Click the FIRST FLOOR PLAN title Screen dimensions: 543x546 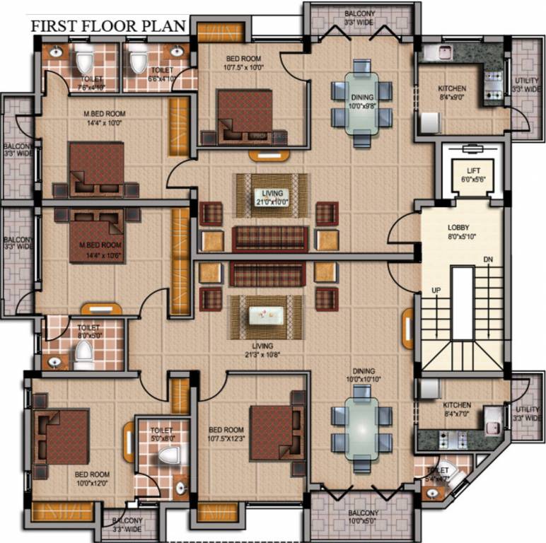108,26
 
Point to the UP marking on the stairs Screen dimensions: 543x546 436,291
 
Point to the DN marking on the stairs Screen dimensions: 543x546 488,260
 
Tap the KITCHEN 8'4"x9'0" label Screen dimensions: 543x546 452,93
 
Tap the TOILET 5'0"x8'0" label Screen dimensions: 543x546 161,433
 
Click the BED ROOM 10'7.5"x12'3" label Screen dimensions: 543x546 226,434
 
